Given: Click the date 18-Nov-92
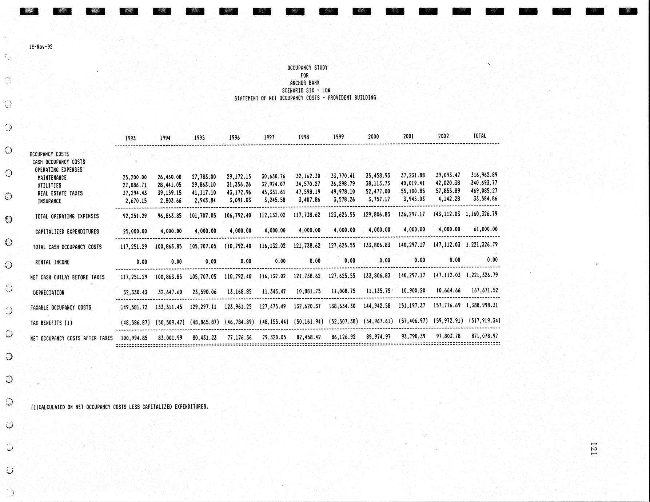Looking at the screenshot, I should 41,47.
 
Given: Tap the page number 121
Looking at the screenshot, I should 593,449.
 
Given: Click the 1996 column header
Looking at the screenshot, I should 234,138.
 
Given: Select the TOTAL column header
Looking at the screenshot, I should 479,136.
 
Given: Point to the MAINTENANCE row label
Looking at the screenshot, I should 52,178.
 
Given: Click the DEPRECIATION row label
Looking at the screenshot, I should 48,292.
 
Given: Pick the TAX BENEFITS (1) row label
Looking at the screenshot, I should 51,323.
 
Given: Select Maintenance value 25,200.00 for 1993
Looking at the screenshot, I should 135,178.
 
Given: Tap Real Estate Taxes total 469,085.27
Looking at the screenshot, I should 484,191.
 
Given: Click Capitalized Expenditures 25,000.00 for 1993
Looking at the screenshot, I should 135,231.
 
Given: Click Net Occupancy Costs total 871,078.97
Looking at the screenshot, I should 484,336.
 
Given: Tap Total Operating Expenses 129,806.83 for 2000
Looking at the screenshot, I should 376,215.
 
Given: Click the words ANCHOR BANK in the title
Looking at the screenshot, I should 304,83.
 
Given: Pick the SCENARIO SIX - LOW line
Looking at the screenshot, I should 306,90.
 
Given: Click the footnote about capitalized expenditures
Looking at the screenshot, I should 120,407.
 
